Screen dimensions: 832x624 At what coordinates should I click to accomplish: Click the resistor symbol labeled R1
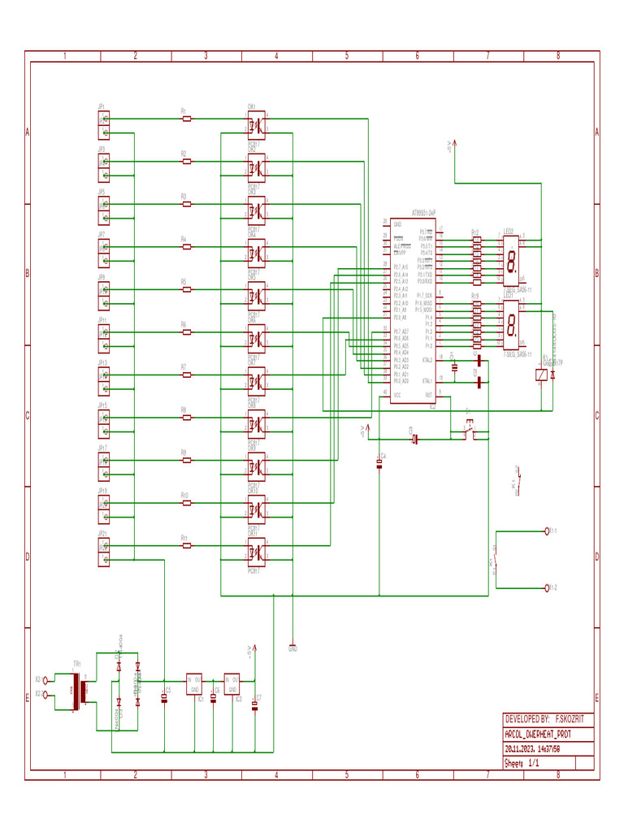[187, 119]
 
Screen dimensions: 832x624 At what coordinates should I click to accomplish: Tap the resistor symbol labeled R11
[187, 546]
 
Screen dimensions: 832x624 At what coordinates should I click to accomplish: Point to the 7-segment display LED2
[511, 261]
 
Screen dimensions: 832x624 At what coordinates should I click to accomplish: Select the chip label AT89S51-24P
[423, 212]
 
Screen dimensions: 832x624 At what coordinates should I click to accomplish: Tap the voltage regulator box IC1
[194, 683]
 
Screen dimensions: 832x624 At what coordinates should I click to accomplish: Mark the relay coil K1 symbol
[540, 375]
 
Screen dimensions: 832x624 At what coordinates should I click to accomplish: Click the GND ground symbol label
[292, 648]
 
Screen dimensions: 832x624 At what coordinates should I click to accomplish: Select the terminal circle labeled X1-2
[547, 587]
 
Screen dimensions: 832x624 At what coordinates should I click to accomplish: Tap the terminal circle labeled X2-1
[45, 680]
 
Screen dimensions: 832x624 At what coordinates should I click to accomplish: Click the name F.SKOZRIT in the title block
[573, 719]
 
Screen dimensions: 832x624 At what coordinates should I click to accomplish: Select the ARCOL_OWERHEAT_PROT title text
[537, 733]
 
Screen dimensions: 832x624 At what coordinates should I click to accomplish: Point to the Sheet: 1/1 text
[522, 764]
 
